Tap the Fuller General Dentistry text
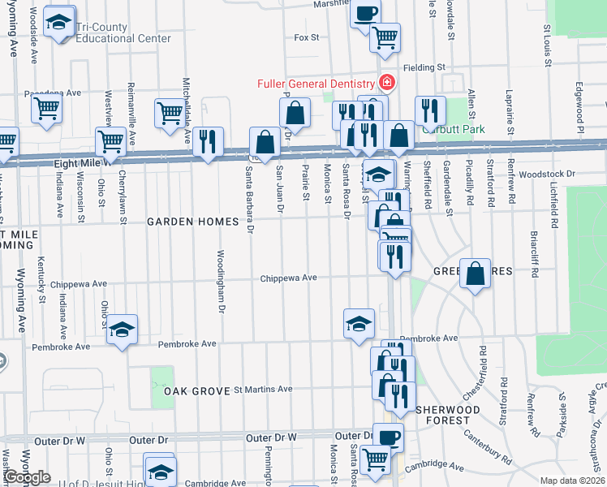(x=315, y=84)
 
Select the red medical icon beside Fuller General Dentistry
(x=386, y=83)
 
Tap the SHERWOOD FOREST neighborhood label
(x=443, y=415)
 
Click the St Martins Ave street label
(x=263, y=390)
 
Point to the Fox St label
(x=307, y=37)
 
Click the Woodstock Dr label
(x=547, y=174)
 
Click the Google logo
(x=27, y=477)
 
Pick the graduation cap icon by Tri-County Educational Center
(x=59, y=23)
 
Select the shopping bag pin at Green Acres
(x=476, y=273)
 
